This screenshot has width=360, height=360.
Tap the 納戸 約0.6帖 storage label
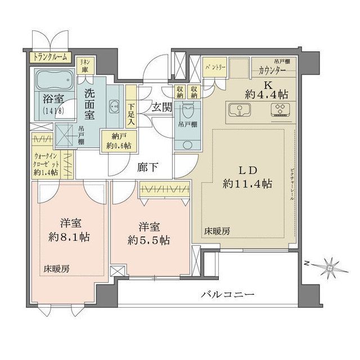[x=117, y=141]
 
